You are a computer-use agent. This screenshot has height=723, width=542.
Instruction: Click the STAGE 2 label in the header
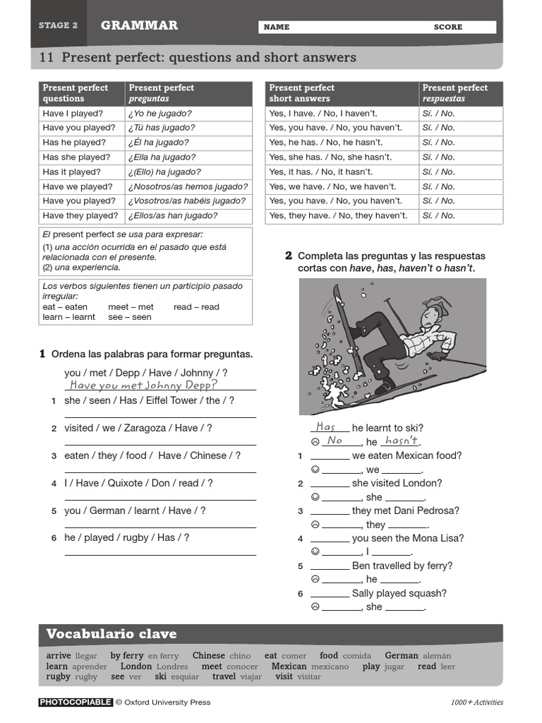(58, 25)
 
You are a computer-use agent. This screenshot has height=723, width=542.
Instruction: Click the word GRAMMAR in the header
(139, 25)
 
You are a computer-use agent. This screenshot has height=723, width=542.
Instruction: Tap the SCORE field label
(448, 27)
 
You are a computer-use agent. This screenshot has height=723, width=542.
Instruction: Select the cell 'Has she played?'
(80, 157)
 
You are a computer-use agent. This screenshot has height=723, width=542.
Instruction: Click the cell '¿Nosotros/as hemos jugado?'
(188, 187)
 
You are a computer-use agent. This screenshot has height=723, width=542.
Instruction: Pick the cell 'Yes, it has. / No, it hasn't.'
(323, 172)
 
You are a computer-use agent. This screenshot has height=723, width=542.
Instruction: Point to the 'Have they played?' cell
(80, 216)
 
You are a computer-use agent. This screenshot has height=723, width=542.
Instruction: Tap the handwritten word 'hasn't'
(400, 441)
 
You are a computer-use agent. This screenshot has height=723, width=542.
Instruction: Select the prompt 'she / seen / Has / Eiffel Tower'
(149, 400)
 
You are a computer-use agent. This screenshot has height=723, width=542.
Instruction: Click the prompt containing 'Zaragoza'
(138, 428)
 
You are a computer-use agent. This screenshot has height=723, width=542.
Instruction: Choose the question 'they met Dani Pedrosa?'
(405, 510)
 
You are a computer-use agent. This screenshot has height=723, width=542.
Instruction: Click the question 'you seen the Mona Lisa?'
(407, 538)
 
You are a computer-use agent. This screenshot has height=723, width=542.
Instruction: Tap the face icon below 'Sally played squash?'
(315, 607)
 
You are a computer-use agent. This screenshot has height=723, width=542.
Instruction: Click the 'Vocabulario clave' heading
(112, 634)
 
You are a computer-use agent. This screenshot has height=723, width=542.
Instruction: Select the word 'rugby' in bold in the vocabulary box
(59, 676)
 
